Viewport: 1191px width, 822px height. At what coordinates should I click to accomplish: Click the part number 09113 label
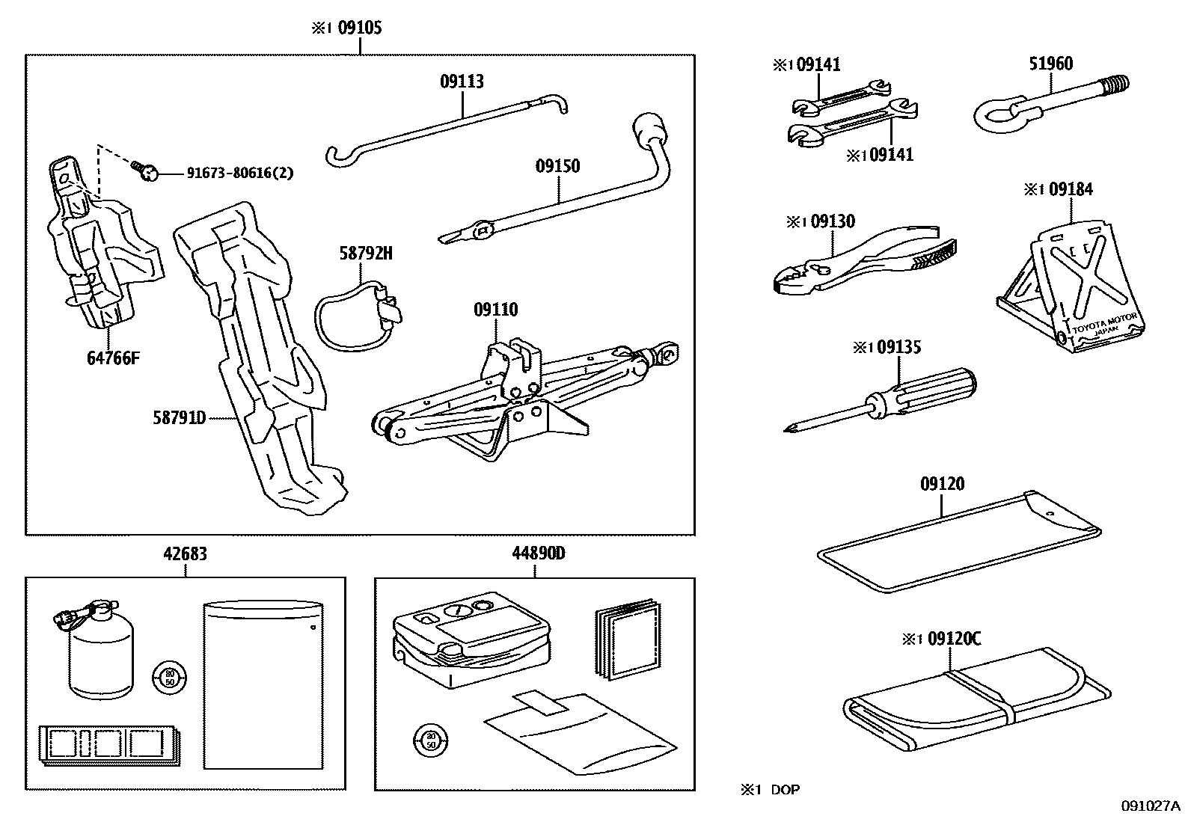coord(462,81)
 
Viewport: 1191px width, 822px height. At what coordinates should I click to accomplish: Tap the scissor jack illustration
coord(516,396)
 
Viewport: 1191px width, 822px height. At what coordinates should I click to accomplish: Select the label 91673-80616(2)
coord(239,174)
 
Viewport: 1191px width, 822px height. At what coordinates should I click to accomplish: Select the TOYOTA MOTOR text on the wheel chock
coord(1106,323)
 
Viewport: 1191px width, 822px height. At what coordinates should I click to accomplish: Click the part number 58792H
coord(366,253)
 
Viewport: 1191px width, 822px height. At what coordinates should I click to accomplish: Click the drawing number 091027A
coord(1149,806)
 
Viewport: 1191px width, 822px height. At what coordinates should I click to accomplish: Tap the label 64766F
coord(113,358)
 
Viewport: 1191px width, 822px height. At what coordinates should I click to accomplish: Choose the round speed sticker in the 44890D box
coord(429,740)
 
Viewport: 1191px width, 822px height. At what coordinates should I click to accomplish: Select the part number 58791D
coord(179,418)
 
